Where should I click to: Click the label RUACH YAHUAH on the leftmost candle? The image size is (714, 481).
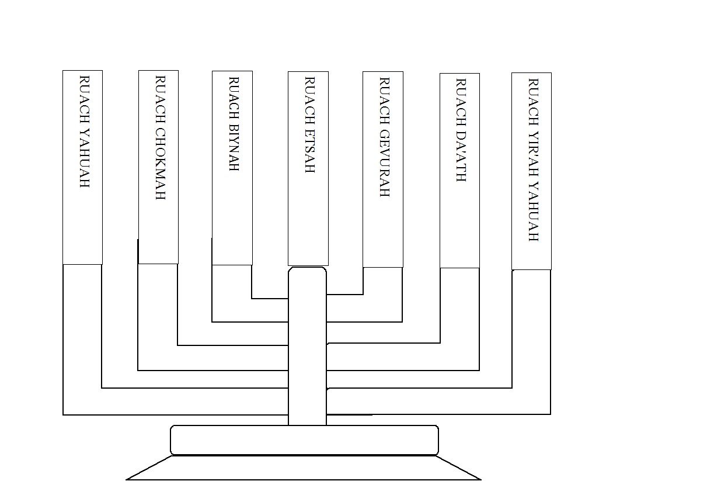point(85,132)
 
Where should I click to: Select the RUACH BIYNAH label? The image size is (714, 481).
point(234,124)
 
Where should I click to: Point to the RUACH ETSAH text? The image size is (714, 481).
point(309,124)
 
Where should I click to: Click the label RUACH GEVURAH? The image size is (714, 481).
point(384,137)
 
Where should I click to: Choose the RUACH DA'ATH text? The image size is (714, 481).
point(461,130)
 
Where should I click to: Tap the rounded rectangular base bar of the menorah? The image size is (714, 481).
point(304,440)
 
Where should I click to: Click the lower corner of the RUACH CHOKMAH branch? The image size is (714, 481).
point(138,370)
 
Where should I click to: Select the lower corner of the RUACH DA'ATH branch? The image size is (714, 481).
point(479,370)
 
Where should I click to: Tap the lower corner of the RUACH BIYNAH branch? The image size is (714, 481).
point(213,321)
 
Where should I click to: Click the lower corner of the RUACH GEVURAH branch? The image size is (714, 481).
point(402,321)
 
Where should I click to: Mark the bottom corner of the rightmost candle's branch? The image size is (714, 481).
point(550,414)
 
